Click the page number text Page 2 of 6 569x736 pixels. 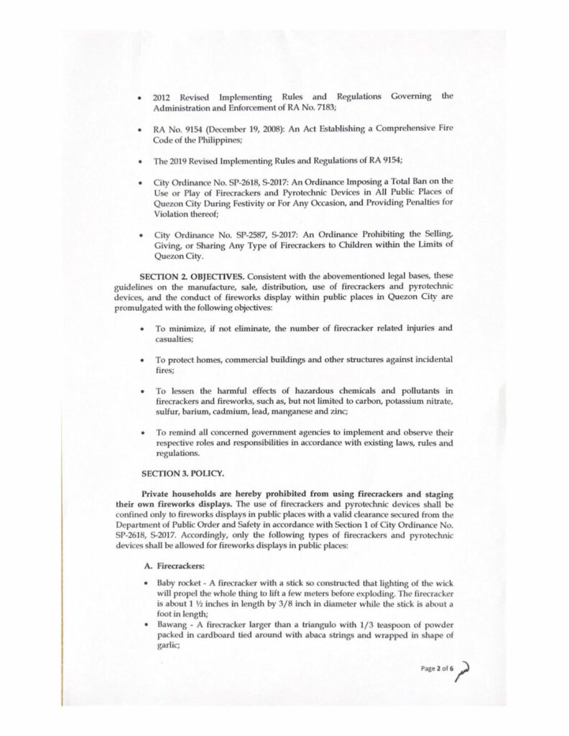click(x=439, y=670)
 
